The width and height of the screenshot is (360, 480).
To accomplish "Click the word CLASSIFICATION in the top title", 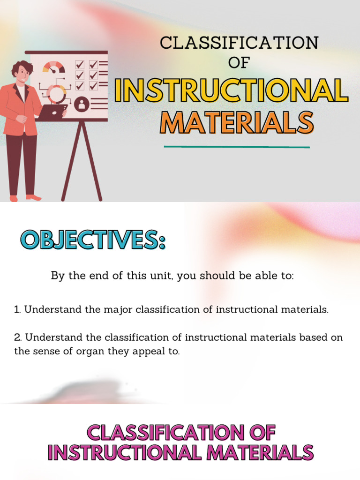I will pyautogui.click(x=239, y=43).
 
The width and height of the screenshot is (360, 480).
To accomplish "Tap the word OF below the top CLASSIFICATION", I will pyautogui.click(x=239, y=62).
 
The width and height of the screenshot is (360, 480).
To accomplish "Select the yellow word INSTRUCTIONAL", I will pyautogui.click(x=232, y=91).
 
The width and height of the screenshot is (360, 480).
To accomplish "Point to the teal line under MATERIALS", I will pyautogui.click(x=237, y=147).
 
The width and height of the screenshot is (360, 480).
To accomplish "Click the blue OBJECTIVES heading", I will pyautogui.click(x=93, y=240).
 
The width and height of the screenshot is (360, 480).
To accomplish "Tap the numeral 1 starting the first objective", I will pyautogui.click(x=17, y=310).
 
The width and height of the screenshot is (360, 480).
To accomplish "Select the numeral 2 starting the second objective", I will pyautogui.click(x=17, y=337).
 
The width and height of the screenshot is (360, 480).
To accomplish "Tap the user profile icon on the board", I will pyautogui.click(x=82, y=104).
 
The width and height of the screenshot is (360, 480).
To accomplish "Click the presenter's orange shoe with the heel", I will pyautogui.click(x=33, y=197).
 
